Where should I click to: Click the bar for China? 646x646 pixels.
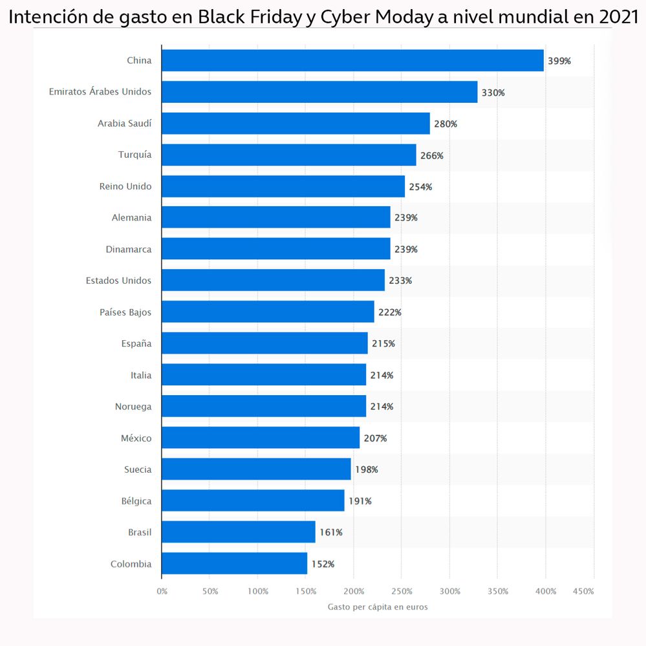(x=352, y=61)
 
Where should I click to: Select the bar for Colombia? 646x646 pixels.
(x=235, y=564)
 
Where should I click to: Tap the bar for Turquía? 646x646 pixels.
(x=289, y=155)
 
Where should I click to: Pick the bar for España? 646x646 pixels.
(x=264, y=343)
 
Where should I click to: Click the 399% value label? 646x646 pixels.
(x=559, y=61)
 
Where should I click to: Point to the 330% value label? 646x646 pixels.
(x=493, y=93)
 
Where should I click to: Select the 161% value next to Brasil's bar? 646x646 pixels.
(x=331, y=533)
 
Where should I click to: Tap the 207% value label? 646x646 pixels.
(x=375, y=438)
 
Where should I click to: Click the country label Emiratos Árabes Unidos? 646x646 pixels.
(x=100, y=92)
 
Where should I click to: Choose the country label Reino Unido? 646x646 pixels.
(x=125, y=186)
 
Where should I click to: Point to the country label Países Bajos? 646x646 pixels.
(x=125, y=312)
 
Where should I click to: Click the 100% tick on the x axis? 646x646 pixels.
(x=258, y=591)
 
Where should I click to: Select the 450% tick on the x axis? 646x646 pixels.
(x=583, y=591)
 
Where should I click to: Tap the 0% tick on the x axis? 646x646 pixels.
(x=162, y=591)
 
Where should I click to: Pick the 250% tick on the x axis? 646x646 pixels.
(x=402, y=591)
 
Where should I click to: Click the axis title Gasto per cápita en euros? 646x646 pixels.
(x=378, y=607)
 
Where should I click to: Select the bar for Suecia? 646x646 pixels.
(x=256, y=469)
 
